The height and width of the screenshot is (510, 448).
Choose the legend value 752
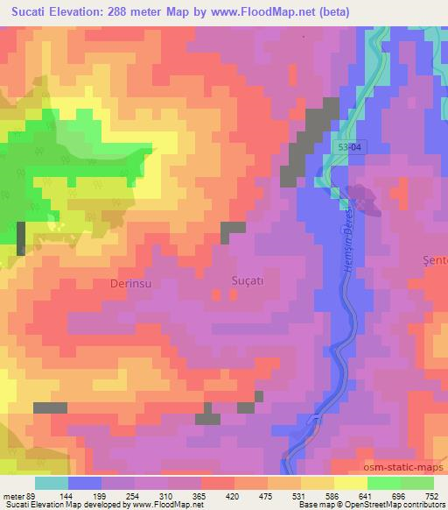[x=433, y=495]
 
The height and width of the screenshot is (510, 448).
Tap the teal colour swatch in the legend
[x=52, y=483]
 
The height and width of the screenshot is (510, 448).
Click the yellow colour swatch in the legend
[x=351, y=483]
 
